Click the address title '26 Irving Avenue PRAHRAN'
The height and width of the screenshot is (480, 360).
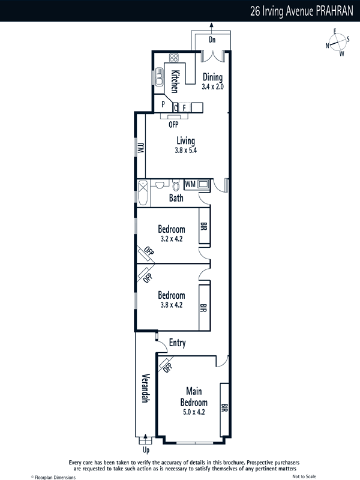[x=302, y=11]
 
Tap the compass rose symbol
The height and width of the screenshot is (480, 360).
[x=338, y=43]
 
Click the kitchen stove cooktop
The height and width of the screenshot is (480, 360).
[x=174, y=58]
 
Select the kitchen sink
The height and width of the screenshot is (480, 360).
[x=159, y=77]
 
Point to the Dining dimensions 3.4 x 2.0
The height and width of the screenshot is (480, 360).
[x=212, y=86]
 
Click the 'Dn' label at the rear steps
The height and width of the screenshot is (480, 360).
[x=212, y=40]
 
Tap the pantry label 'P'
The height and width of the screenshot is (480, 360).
[x=163, y=104]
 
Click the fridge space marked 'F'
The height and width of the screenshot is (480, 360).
[x=184, y=108]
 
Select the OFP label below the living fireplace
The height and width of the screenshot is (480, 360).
[x=173, y=125]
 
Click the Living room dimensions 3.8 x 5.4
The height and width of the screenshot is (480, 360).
[x=185, y=151]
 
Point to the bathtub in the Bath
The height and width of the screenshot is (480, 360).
[x=143, y=193]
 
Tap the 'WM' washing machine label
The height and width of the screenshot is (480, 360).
[x=190, y=184]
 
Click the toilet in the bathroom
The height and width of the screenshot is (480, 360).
[x=176, y=185]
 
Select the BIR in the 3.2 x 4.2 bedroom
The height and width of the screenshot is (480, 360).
[x=204, y=226]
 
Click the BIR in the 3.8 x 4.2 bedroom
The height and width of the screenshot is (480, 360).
[x=204, y=308]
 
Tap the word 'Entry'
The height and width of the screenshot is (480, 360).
[x=177, y=343]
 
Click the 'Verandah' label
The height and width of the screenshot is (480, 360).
[x=145, y=388]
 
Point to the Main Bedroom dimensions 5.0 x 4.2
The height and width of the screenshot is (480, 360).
[x=194, y=412]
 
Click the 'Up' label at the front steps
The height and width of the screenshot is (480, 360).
[x=146, y=450]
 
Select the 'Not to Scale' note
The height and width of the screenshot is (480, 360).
[x=304, y=476]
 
